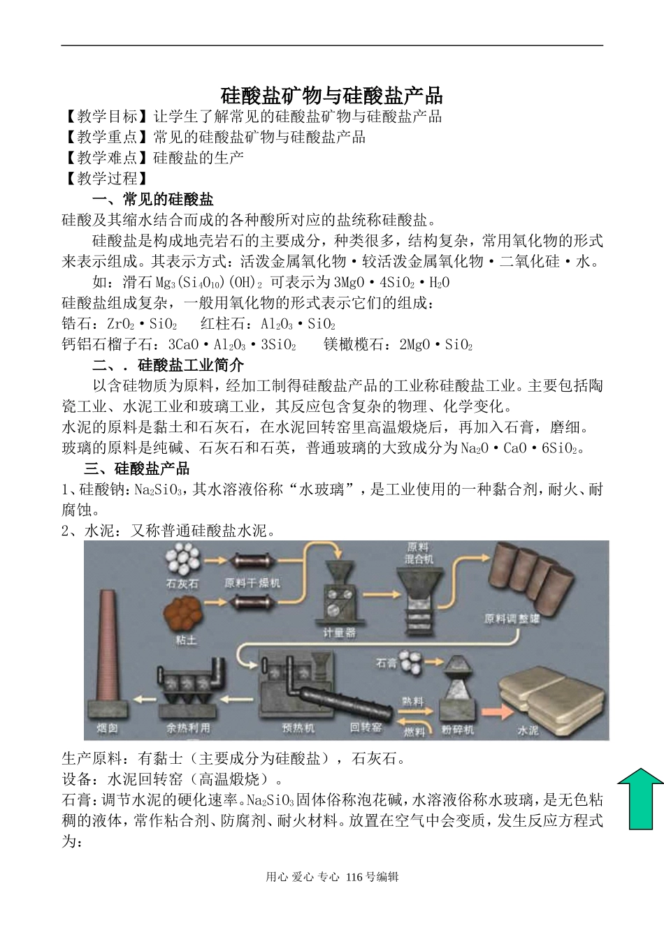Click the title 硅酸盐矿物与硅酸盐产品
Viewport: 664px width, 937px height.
(332, 95)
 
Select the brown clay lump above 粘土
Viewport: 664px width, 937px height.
(184, 614)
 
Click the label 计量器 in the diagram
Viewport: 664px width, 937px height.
(339, 633)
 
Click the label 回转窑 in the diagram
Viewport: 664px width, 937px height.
(366, 728)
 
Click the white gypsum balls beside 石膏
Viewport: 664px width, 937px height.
(414, 660)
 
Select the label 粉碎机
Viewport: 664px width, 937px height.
(458, 730)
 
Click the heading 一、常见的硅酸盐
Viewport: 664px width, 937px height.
(153, 200)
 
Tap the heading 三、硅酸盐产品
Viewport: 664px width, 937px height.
(137, 468)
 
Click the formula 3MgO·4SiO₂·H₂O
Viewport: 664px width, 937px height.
(392, 283)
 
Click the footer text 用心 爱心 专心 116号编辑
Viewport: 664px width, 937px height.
(332, 878)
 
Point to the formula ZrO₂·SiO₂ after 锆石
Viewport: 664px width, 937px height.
(142, 325)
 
